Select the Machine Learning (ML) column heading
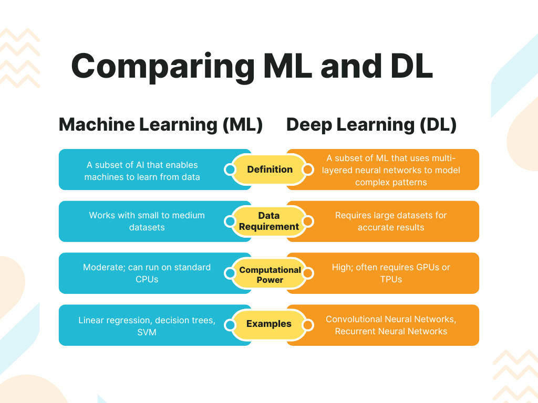coord(161,125)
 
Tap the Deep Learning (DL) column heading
coord(371,125)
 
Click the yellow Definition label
coord(270,169)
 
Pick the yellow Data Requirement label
coord(269,221)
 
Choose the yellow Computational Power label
coord(270,274)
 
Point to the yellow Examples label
coord(269,324)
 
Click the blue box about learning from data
coord(142,171)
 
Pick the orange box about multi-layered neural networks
coord(391,170)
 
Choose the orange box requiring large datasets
coord(391,221)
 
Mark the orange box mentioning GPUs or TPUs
coord(391,273)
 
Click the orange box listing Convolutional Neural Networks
coord(391,325)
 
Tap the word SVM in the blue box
coord(147,332)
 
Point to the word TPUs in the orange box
coord(391,280)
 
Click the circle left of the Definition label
coord(230,169)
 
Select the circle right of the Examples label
coord(308,325)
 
